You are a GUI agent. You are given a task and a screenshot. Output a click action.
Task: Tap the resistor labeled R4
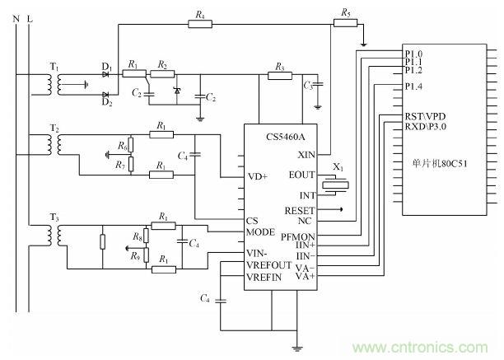[x=200, y=24]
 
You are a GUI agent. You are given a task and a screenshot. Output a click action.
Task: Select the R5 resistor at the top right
[x=345, y=24]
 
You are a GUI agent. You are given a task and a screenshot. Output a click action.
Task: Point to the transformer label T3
[x=55, y=217]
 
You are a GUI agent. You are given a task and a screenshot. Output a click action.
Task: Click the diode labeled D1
[x=106, y=74]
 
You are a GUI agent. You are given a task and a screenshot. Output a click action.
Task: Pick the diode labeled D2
[x=106, y=97]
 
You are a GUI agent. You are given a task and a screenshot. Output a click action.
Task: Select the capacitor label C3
[x=308, y=85]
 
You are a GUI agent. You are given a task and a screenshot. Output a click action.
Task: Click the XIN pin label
[x=306, y=154]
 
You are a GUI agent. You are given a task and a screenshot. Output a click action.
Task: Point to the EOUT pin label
[x=302, y=175]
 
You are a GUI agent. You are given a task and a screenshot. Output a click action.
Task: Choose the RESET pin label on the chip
[x=300, y=210]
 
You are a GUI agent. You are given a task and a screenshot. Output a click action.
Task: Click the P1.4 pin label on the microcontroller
[x=414, y=86]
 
